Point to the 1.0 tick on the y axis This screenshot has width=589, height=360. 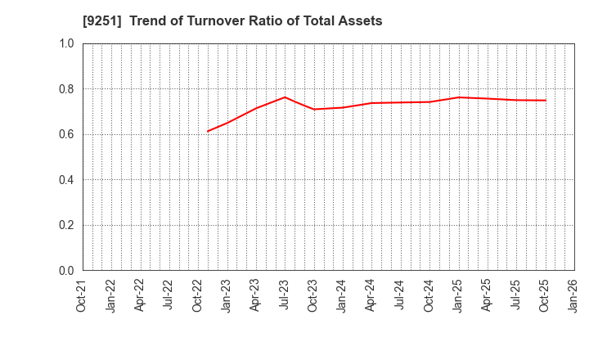click(x=66, y=43)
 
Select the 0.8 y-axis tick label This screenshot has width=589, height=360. click(x=66, y=88)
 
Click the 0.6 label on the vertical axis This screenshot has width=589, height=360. click(x=66, y=134)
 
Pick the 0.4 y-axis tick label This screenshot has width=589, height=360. click(x=66, y=180)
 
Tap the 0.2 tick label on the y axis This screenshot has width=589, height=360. click(x=66, y=225)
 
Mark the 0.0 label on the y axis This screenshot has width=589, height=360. click(x=66, y=271)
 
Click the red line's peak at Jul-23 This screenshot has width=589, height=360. click(x=284, y=97)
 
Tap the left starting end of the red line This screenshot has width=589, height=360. click(x=208, y=131)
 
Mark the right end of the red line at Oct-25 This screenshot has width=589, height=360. click(x=545, y=101)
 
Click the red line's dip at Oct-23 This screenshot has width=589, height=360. click(x=313, y=109)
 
